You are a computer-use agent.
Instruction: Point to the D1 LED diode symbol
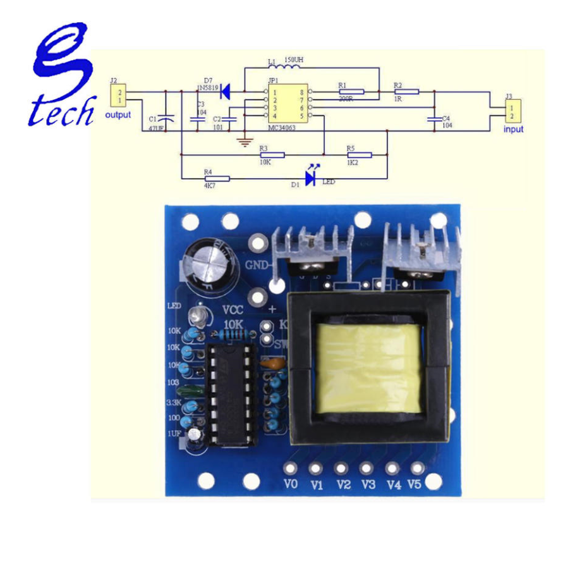310,179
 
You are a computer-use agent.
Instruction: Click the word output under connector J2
118,115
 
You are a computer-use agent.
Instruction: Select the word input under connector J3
513,129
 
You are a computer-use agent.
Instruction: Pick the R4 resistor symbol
217,179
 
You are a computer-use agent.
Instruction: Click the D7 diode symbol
224,92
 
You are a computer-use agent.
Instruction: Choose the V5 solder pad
416,469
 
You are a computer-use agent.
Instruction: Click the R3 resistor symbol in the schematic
272,154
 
